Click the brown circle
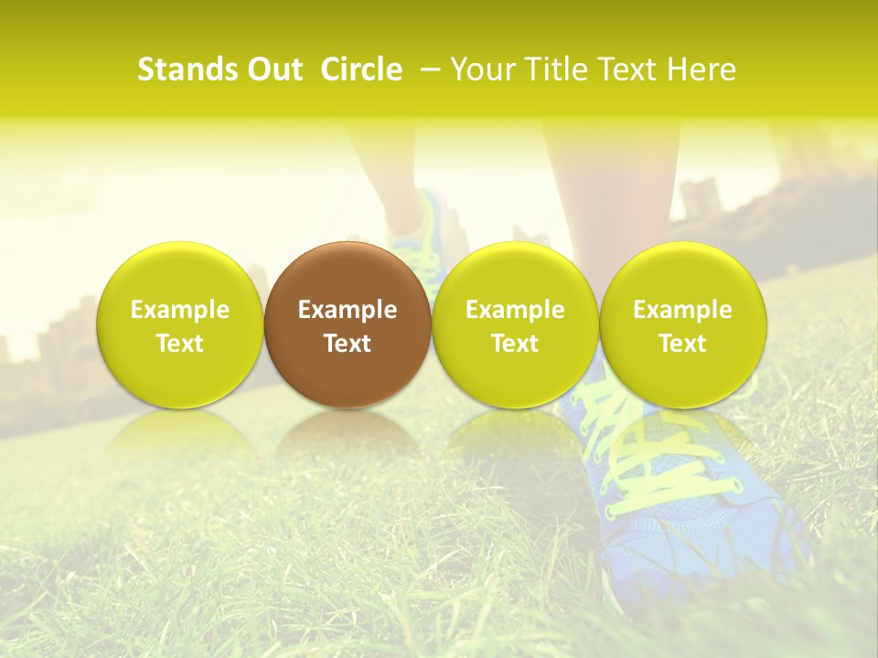point(348,324)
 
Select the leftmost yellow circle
point(180,324)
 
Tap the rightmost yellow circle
point(683,324)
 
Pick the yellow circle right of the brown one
point(515,324)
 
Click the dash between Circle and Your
point(430,70)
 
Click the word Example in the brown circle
point(348,310)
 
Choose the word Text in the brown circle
point(348,344)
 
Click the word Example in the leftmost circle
point(180,310)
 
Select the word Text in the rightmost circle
point(683,344)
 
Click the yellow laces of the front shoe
point(640,457)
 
